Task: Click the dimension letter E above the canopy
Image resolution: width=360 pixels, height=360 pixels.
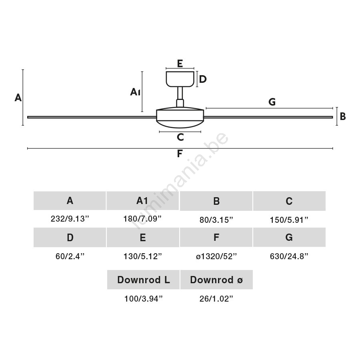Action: (180, 63)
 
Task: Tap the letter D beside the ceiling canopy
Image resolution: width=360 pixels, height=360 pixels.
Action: (203, 79)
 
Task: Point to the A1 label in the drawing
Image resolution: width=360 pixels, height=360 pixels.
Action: (135, 92)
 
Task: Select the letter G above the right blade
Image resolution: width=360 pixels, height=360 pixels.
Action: (272, 102)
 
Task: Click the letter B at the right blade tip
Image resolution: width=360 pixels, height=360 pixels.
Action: (343, 116)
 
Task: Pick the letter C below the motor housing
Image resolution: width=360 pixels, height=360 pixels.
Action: (180, 137)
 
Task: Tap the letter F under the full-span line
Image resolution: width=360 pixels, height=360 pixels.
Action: (180, 153)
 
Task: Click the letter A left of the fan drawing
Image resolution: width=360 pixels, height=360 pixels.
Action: (18, 98)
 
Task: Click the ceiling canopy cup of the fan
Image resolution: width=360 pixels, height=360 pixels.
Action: (180, 79)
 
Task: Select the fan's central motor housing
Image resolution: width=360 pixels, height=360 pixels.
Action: (180, 117)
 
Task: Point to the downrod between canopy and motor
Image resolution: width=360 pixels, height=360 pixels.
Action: (180, 96)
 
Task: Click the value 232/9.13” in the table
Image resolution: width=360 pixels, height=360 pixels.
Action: (70, 219)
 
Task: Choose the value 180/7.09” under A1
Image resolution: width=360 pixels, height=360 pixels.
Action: (142, 219)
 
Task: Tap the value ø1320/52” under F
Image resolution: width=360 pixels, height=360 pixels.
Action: (216, 256)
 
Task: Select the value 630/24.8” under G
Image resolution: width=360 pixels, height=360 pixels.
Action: (289, 256)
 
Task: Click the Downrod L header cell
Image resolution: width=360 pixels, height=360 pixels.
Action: (143, 280)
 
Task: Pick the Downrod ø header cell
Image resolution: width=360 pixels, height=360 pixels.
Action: (216, 280)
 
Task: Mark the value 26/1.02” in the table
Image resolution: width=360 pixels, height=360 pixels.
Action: (216, 299)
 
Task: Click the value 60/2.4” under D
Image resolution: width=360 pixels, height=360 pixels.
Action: (70, 256)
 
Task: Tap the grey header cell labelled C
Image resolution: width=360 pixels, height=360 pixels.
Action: (289, 201)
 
